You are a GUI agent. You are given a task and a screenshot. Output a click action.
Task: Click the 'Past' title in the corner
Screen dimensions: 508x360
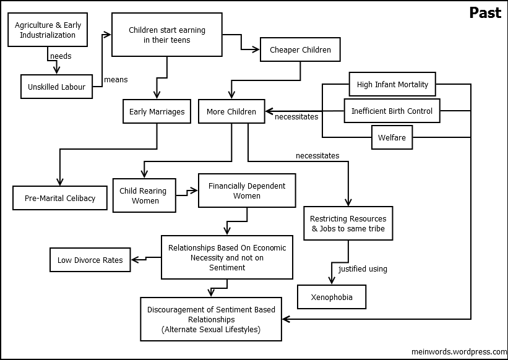click(x=485, y=13)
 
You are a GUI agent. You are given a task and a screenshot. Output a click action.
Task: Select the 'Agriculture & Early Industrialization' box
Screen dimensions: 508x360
click(x=48, y=30)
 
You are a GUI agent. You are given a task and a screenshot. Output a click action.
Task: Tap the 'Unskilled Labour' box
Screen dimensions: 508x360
click(x=56, y=87)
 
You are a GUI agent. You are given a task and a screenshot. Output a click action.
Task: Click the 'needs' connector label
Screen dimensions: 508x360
click(x=61, y=56)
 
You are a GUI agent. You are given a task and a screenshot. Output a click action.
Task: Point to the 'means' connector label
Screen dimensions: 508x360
click(x=116, y=80)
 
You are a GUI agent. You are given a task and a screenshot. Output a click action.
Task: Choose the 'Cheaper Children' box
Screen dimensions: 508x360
click(x=300, y=49)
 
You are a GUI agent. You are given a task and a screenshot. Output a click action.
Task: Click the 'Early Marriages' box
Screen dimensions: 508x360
click(x=157, y=111)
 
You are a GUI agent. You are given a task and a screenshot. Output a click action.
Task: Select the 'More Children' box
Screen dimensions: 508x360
click(x=231, y=111)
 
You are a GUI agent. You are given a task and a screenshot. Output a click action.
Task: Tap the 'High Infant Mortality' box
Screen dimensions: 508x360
click(x=392, y=84)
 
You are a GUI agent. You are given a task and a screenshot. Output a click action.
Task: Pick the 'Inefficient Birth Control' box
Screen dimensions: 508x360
click(x=392, y=111)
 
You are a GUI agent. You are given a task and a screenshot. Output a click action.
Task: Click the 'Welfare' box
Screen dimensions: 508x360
click(x=392, y=137)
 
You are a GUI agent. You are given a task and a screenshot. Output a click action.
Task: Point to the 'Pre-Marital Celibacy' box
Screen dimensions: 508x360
click(x=60, y=198)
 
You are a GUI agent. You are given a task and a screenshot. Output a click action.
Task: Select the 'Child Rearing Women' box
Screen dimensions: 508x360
click(x=144, y=195)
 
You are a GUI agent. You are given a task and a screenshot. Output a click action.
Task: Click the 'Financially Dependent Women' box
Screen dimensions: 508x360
click(x=247, y=191)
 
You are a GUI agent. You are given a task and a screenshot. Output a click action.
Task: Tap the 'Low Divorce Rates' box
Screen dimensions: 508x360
click(x=90, y=260)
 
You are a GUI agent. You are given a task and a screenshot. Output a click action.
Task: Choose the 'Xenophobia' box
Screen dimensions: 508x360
click(x=332, y=297)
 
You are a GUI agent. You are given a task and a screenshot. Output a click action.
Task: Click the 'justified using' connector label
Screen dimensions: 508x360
click(x=363, y=269)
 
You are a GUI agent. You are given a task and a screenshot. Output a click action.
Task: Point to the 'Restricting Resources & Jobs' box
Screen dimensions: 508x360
click(x=348, y=223)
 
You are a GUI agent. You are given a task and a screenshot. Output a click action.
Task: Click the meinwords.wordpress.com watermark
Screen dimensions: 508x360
click(x=459, y=351)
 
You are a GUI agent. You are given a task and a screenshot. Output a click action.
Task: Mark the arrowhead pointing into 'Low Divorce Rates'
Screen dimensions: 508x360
click(x=134, y=260)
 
